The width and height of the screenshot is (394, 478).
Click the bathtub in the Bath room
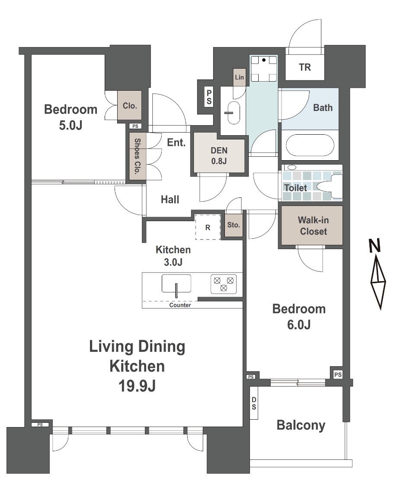pyautogui.click(x=309, y=145)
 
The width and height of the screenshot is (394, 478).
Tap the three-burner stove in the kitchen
pyautogui.click(x=224, y=284)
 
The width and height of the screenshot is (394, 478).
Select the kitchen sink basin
pyautogui.click(x=176, y=284)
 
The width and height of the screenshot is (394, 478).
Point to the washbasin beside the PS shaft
pyautogui.click(x=234, y=113)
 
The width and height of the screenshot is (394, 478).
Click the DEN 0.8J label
pyautogui.click(x=219, y=155)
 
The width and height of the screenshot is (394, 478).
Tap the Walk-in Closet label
pyautogui.click(x=314, y=225)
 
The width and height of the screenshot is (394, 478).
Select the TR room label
pyautogui.click(x=305, y=67)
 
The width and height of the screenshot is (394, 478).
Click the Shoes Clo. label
pyautogui.click(x=138, y=156)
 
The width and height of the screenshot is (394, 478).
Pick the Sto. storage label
pyautogui.click(x=234, y=225)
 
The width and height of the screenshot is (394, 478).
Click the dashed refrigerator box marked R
pyautogui.click(x=208, y=227)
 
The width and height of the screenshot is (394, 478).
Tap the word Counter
pyautogui.click(x=180, y=305)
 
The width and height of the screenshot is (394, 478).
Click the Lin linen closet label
pyautogui.click(x=240, y=77)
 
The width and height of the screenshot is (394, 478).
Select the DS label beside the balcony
pyautogui.click(x=254, y=403)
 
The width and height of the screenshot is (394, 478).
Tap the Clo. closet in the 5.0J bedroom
pyautogui.click(x=130, y=105)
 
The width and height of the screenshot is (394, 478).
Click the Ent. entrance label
pyautogui.click(x=176, y=142)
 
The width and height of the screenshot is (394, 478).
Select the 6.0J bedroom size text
pyautogui.click(x=299, y=325)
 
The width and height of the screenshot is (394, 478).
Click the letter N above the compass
pyautogui.click(x=375, y=246)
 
